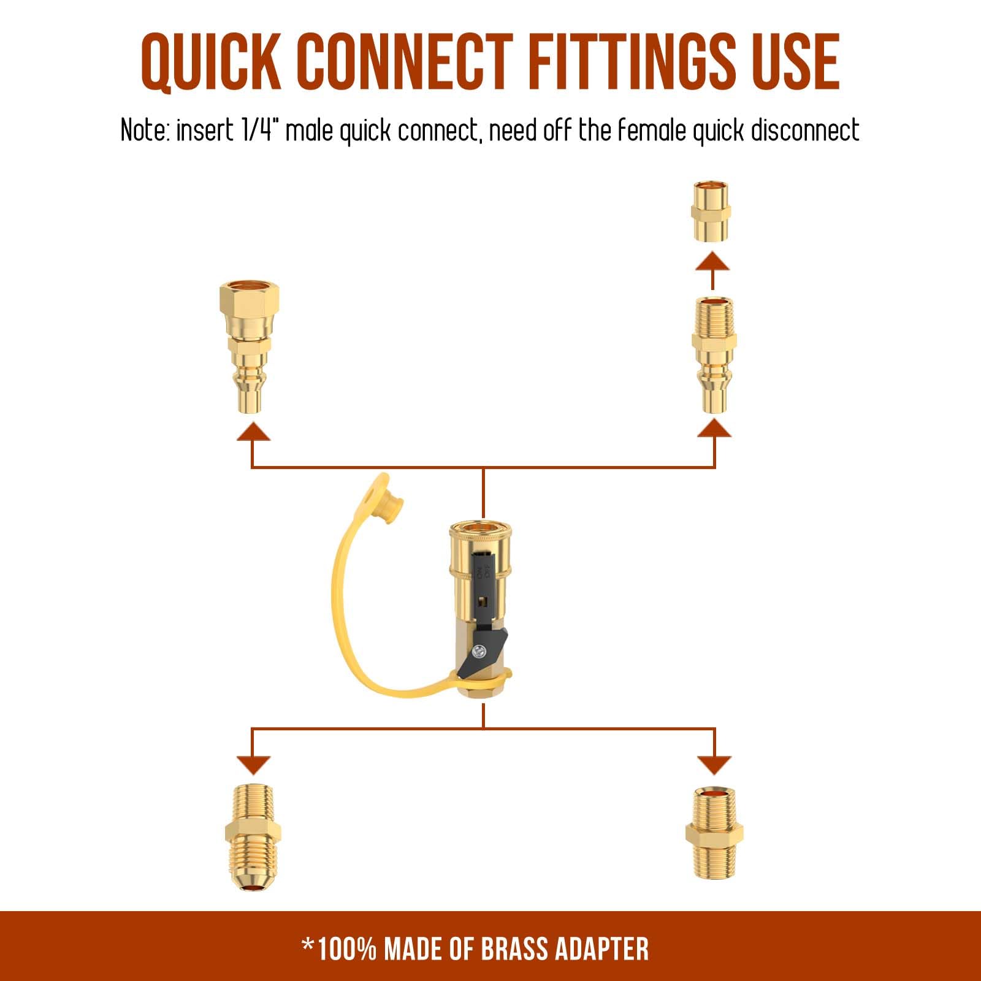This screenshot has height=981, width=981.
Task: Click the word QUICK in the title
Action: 210,62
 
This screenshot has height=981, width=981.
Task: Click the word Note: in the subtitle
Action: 145,130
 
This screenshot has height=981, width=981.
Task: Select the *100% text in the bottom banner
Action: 339,949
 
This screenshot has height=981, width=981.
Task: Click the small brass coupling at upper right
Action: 711,212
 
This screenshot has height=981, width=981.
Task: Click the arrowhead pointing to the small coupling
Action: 712,261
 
